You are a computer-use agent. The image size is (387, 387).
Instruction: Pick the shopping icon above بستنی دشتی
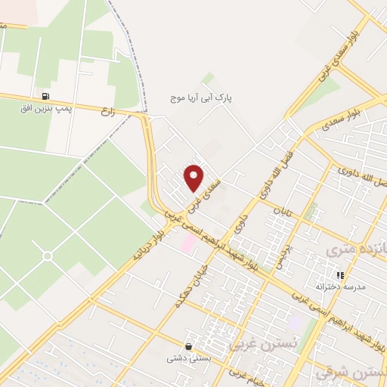point(187,346)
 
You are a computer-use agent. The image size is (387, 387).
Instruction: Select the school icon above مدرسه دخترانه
point(340,275)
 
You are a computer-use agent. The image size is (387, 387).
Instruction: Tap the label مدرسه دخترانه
point(344,287)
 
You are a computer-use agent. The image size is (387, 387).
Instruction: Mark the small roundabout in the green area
point(47,256)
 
